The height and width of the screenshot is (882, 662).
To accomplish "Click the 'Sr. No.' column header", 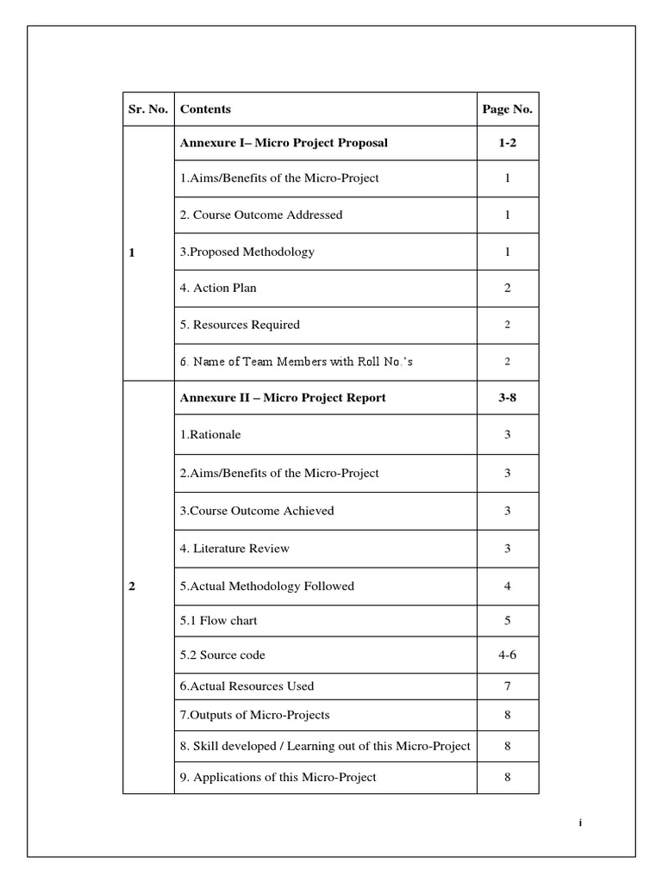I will (x=148, y=109).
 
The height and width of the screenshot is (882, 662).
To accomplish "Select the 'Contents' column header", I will (x=205, y=109).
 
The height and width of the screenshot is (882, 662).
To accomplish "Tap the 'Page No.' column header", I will (x=507, y=109).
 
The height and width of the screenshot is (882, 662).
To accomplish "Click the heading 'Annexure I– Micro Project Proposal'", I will (x=284, y=143).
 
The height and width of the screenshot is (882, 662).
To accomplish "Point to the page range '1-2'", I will (x=507, y=143).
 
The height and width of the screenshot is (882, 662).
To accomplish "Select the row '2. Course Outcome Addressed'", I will (x=260, y=215).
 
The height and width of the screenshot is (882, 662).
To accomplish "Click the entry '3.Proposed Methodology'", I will (x=247, y=252).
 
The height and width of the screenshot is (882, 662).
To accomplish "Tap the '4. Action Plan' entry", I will (x=218, y=289).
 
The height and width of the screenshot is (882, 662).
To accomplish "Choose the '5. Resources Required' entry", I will (x=240, y=326).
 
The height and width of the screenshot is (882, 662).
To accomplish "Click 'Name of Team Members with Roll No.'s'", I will (x=296, y=362).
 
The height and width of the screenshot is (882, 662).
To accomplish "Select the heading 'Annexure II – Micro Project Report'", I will (x=283, y=398).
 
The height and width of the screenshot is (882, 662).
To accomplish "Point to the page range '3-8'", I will (x=507, y=398).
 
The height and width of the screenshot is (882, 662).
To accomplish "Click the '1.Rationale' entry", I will (x=210, y=435).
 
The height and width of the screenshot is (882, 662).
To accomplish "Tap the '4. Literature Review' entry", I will (x=234, y=549).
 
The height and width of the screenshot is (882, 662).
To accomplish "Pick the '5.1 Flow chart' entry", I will (x=218, y=621).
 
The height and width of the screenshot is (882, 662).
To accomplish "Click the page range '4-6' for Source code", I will (x=507, y=655).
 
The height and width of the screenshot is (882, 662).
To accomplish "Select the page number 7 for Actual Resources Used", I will (x=507, y=686).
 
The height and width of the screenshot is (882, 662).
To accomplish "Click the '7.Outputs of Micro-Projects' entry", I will (x=254, y=715).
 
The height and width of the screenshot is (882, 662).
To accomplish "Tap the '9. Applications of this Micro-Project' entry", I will (x=278, y=778).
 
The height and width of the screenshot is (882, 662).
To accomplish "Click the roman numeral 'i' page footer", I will (x=580, y=823).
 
